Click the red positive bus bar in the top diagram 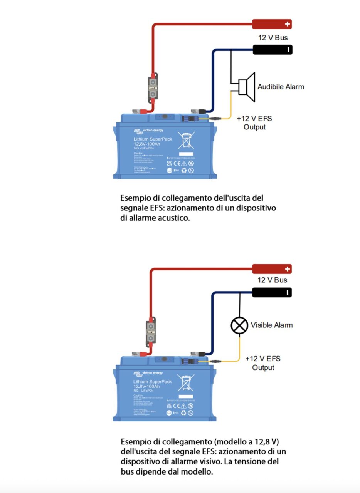coord(272,24)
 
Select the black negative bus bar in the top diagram coord(272,50)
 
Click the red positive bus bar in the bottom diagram coord(272,268)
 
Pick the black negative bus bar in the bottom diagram coord(272,292)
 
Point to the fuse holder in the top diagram coord(153,89)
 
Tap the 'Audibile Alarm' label coord(281,87)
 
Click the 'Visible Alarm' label coord(271,325)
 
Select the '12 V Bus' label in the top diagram coord(273,38)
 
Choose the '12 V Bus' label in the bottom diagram coord(273,280)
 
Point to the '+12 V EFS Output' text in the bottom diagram coord(263,363)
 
